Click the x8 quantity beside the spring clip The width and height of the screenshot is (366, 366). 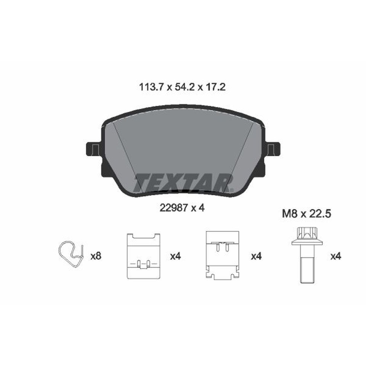[x=96, y=257]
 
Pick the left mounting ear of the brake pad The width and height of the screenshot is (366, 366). [x=94, y=148]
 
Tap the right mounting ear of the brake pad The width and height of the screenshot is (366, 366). [x=273, y=148]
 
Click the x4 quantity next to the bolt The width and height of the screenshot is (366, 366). [x=335, y=257]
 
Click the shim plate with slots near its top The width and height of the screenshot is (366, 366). [x=222, y=254]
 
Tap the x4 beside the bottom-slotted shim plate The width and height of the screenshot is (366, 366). [x=175, y=257]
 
